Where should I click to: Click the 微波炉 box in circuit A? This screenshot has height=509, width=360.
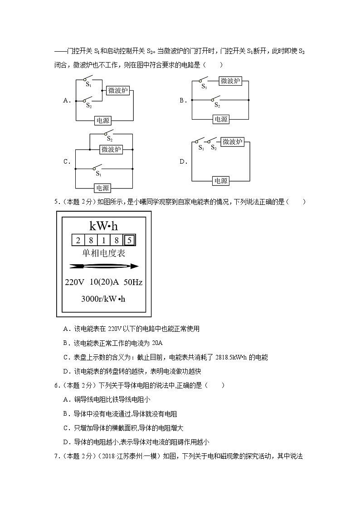pyautogui.click(x=119, y=90)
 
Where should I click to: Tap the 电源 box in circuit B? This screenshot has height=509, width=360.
pyautogui.click(x=221, y=119)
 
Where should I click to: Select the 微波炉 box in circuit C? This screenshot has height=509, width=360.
pyautogui.click(x=111, y=149)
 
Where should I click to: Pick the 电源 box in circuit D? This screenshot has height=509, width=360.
pyautogui.click(x=221, y=180)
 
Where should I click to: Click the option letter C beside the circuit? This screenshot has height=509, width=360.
pyautogui.click(x=66, y=161)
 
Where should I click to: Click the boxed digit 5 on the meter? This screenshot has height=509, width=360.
pyautogui.click(x=129, y=240)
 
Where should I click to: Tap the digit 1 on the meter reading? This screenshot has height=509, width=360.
pyautogui.click(x=104, y=240)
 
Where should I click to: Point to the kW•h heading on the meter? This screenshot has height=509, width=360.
pyautogui.click(x=104, y=225)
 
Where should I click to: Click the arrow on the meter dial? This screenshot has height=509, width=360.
pyautogui.click(x=104, y=267)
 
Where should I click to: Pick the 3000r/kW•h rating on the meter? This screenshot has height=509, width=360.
pyautogui.click(x=103, y=299)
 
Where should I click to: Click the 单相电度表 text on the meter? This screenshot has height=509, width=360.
pyautogui.click(x=104, y=253)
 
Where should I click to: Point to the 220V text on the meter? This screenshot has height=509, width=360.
pyautogui.click(x=75, y=282)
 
